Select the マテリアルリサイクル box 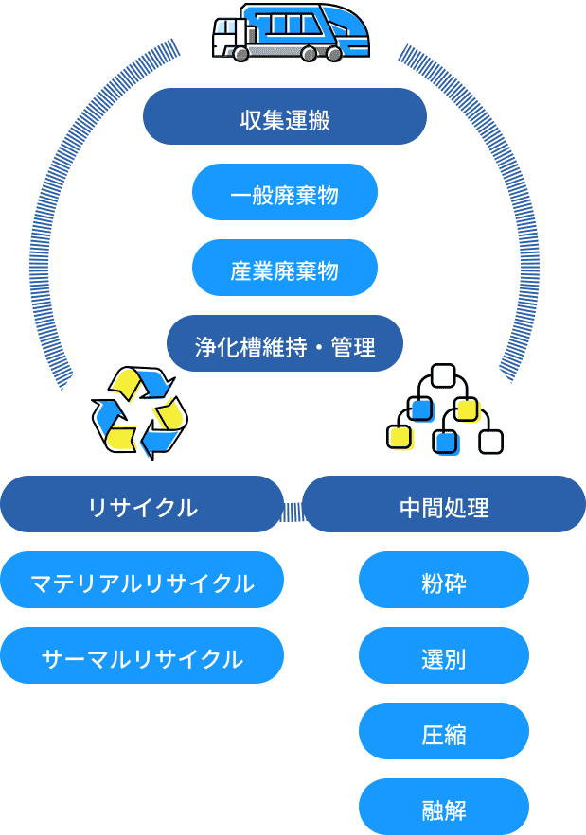click(142, 580)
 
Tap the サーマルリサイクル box click(142, 655)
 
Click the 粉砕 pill click(444, 580)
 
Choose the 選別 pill click(444, 655)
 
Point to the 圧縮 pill click(444, 731)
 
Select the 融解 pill click(444, 807)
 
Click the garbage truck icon click(290, 32)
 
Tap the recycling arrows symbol click(140, 411)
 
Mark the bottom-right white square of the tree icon click(491, 441)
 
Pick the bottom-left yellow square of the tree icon click(399, 437)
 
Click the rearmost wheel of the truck click(333, 55)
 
